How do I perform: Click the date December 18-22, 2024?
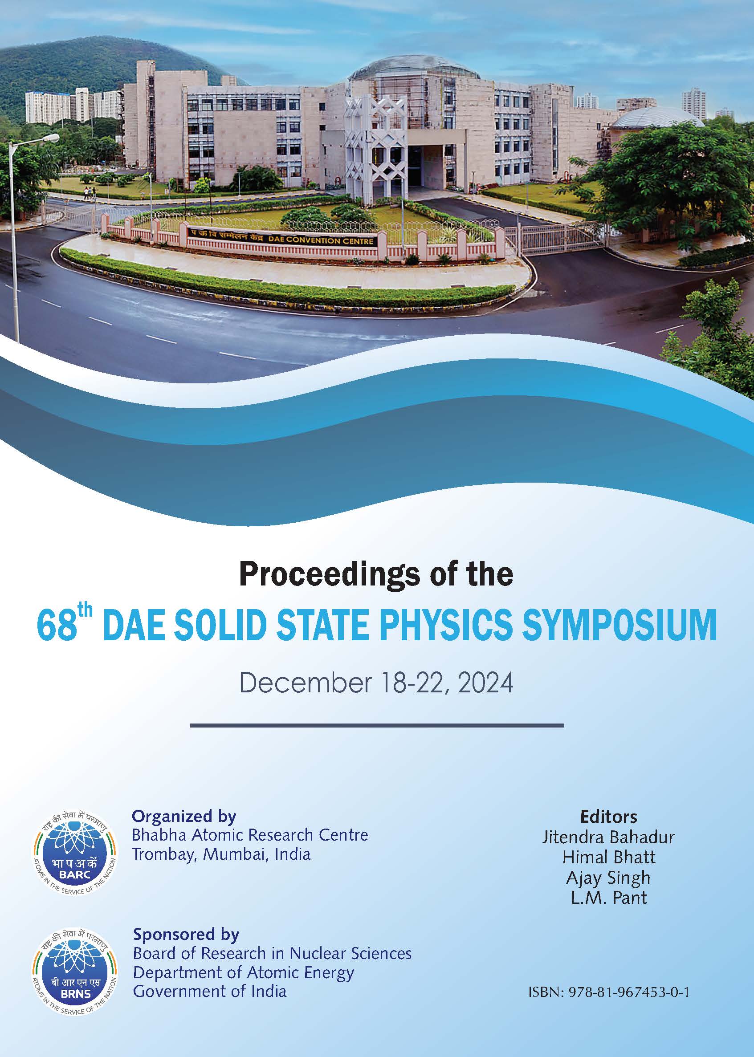tap(376, 683)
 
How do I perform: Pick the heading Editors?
tap(609, 817)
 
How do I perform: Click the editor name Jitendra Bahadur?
tap(609, 837)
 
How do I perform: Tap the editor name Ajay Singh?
tap(609, 878)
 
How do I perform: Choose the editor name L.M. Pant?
tap(609, 898)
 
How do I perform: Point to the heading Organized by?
tap(184, 817)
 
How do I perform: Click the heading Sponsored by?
tap(186, 934)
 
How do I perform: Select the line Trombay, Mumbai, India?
tap(221, 854)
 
